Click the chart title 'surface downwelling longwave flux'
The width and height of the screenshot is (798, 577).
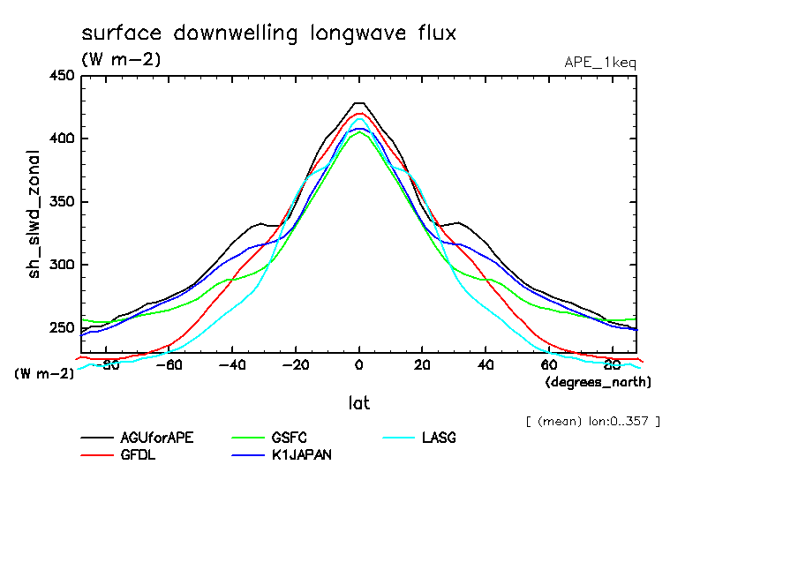(268, 34)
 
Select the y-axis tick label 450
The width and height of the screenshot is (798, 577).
(61, 76)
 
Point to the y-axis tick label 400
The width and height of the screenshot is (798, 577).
(61, 139)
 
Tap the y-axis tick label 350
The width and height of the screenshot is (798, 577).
(61, 202)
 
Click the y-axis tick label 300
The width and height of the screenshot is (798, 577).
(61, 265)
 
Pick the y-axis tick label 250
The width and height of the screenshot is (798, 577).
(61, 328)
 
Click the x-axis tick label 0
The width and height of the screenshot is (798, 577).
(359, 366)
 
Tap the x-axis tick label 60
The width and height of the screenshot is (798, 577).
(548, 366)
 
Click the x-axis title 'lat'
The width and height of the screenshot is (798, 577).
(358, 403)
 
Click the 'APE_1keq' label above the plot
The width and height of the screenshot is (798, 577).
(599, 63)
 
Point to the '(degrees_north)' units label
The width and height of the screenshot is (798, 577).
(598, 382)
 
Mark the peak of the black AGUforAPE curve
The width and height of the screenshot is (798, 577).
(359, 103)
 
